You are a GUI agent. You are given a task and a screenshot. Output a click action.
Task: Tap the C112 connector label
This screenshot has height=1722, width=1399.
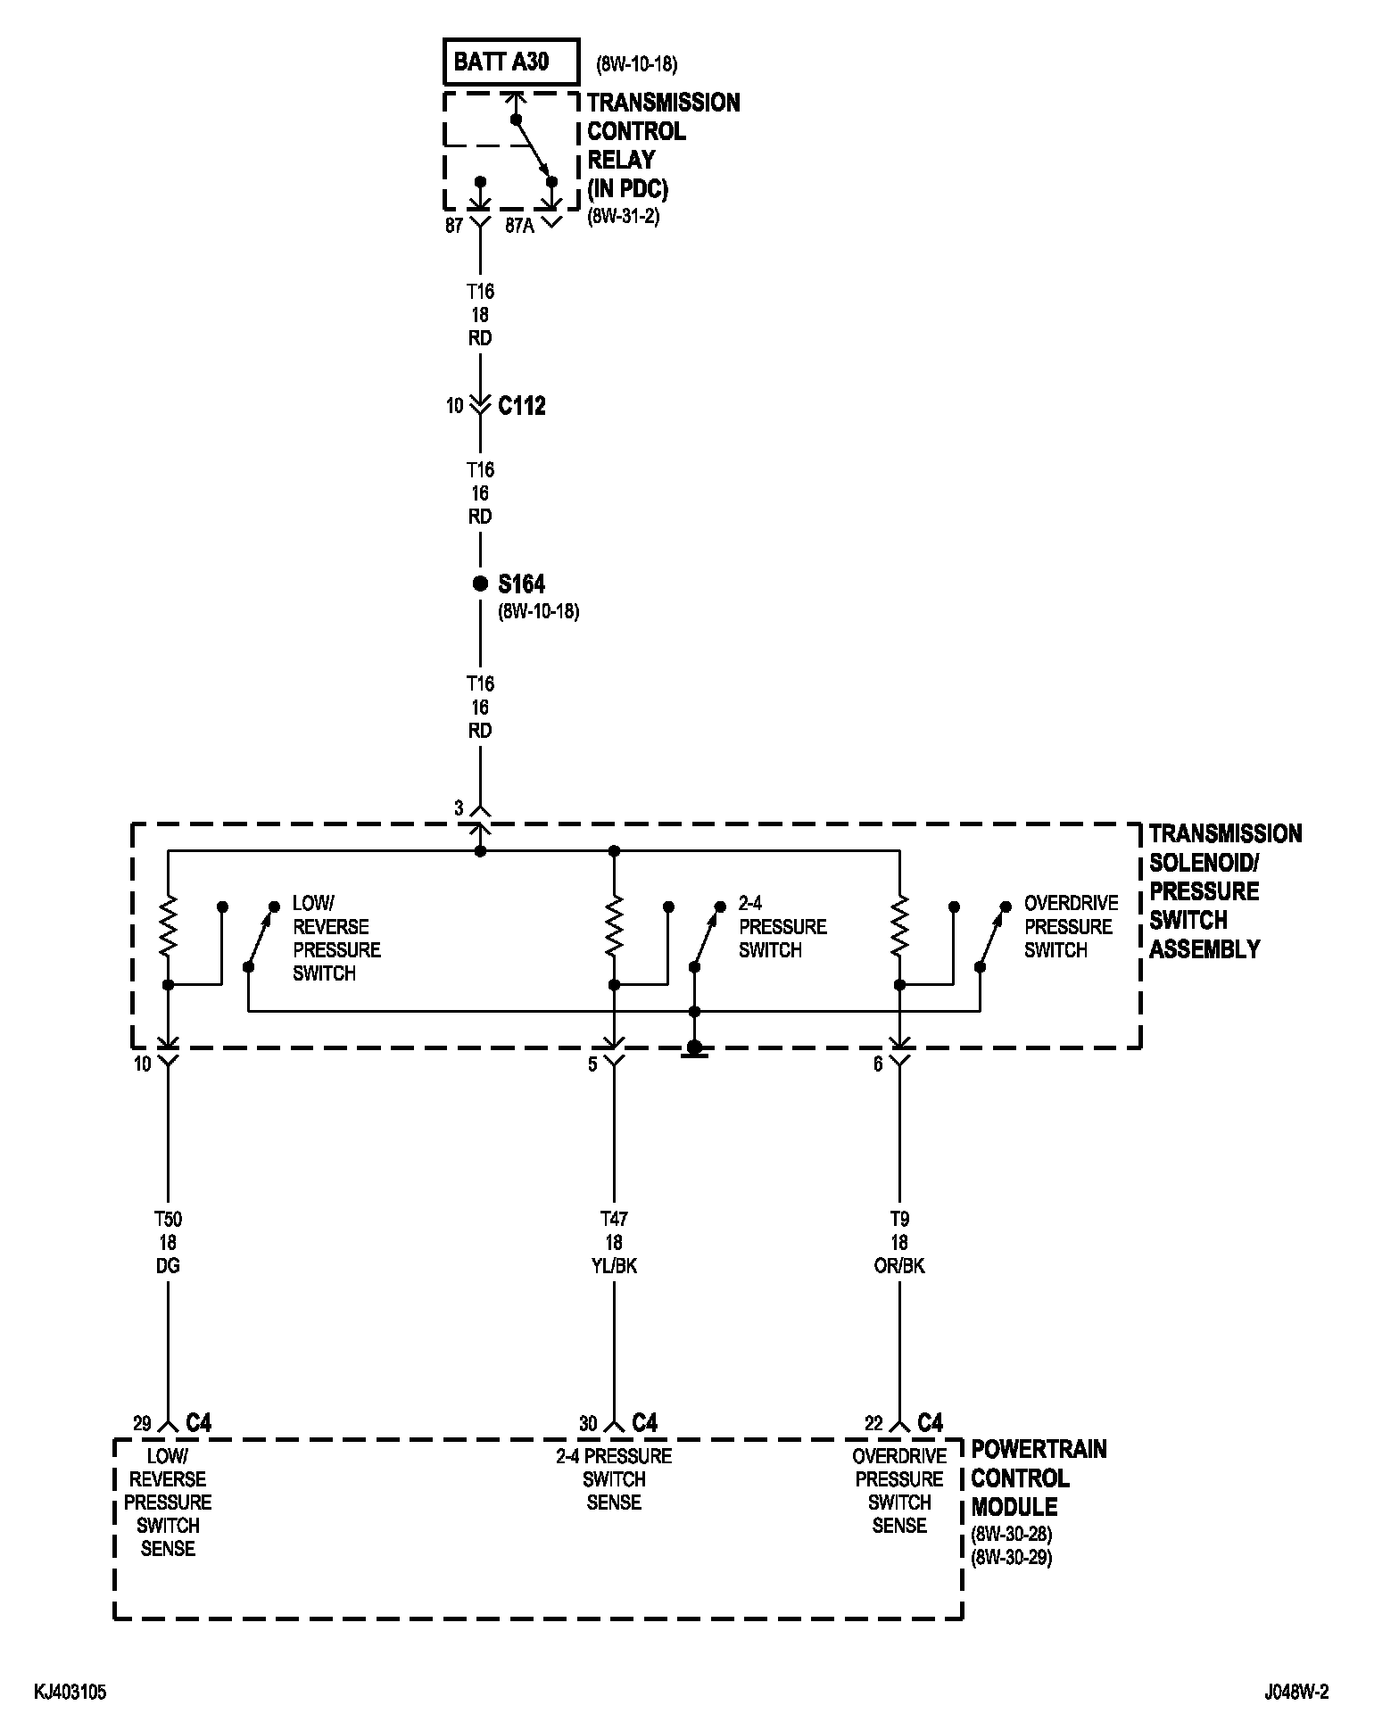pos(521,406)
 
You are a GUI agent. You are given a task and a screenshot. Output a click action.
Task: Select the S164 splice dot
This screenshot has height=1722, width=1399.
pos(480,584)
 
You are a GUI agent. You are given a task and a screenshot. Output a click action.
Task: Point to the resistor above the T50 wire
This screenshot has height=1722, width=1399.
pos(168,927)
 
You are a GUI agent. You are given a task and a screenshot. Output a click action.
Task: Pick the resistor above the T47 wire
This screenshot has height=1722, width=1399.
pos(614,927)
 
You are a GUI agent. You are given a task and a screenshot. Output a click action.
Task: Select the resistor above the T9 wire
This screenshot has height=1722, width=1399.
pos(899,927)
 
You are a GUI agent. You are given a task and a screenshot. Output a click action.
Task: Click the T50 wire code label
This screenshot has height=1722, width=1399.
pos(168,1219)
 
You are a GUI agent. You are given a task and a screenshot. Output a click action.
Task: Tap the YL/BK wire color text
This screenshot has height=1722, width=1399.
pos(614,1266)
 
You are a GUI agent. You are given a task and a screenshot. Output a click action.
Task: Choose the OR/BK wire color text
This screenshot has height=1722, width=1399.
pos(899,1266)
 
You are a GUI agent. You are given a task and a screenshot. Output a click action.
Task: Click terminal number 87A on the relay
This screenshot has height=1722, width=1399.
pos(519,226)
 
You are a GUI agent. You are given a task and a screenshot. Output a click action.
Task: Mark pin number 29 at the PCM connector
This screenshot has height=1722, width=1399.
pos(143,1423)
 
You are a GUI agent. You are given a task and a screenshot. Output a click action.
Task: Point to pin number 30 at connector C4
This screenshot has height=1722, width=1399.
pos(588,1423)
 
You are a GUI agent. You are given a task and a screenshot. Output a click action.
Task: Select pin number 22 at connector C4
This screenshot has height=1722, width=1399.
pos(873,1423)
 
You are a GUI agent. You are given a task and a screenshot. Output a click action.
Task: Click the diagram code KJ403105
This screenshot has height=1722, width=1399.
pos(70,1693)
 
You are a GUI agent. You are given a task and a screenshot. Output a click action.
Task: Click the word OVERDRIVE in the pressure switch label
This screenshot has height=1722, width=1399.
pos(1071,903)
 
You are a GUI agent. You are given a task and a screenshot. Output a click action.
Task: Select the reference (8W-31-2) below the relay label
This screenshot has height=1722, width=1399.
pos(623,216)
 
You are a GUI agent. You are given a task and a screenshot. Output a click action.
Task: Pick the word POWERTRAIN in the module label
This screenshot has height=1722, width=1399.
pos(1039,1449)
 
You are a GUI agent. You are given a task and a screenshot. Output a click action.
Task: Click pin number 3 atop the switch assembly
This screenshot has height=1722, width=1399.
pos(459,808)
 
